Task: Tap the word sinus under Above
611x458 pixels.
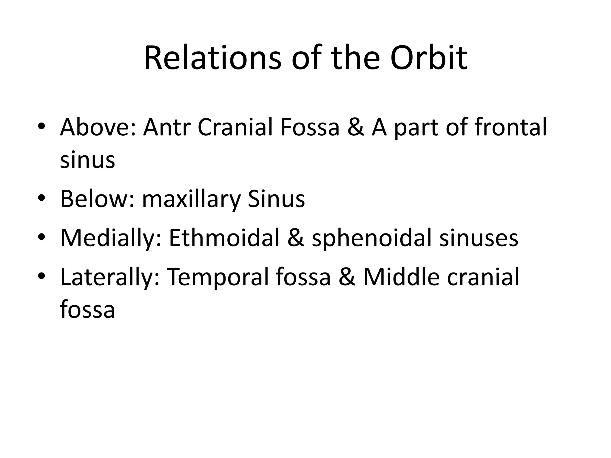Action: tap(87, 160)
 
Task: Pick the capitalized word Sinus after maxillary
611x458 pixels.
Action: tap(276, 199)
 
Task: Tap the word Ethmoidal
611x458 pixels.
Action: tap(224, 238)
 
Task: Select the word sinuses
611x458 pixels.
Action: tap(479, 238)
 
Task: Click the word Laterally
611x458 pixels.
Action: tap(110, 277)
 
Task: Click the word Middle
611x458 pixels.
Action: tap(401, 277)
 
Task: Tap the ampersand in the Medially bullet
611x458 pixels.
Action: tap(296, 238)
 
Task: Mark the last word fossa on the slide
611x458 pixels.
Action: tap(87, 310)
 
